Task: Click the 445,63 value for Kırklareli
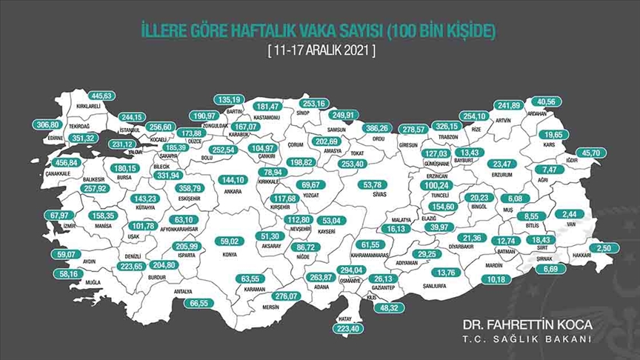click(x=103, y=95)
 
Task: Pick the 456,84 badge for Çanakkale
click(x=62, y=163)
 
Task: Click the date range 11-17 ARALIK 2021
click(x=321, y=51)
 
